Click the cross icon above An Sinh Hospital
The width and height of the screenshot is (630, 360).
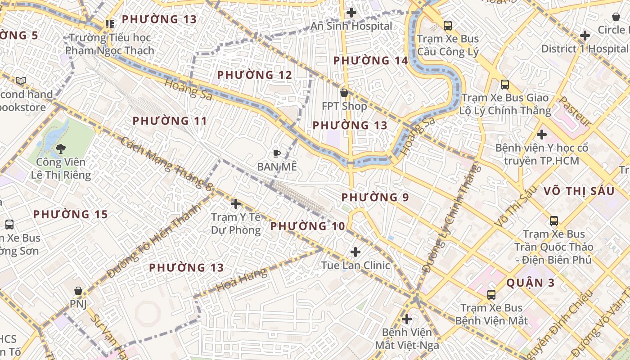pyautogui.click(x=351, y=13)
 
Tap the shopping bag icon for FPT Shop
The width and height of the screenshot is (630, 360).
pyautogui.click(x=344, y=93)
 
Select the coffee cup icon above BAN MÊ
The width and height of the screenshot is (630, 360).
pyautogui.click(x=277, y=153)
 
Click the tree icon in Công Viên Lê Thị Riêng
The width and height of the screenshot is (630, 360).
pyautogui.click(x=60, y=148)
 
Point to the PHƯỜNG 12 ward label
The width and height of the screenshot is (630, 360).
pyautogui.click(x=255, y=75)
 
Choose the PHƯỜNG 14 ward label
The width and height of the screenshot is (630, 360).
pyautogui.click(x=370, y=61)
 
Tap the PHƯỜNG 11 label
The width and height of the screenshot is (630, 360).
pyautogui.click(x=170, y=121)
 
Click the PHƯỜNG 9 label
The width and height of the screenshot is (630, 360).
pyautogui.click(x=375, y=198)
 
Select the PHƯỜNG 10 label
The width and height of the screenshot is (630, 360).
pyautogui.click(x=307, y=226)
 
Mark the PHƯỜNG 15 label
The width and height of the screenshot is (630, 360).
pyautogui.click(x=71, y=215)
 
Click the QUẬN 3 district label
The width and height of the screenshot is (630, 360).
pyautogui.click(x=531, y=283)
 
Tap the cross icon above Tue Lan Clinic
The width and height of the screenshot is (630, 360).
pyautogui.click(x=355, y=252)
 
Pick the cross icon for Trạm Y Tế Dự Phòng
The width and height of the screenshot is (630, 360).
pyautogui.click(x=235, y=204)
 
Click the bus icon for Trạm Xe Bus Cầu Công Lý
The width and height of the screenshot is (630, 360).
pyautogui.click(x=447, y=26)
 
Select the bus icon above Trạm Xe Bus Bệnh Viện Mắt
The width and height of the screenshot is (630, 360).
pyautogui.click(x=491, y=295)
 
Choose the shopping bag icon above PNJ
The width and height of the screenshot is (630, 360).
pyautogui.click(x=78, y=291)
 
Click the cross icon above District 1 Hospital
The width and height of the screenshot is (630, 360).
pyautogui.click(x=585, y=35)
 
